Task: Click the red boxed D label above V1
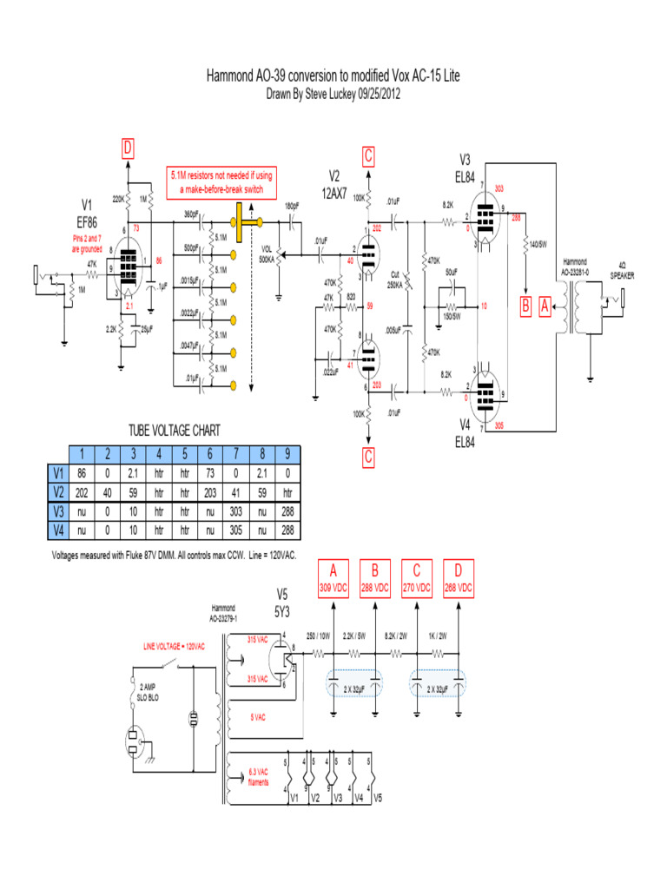click(x=128, y=149)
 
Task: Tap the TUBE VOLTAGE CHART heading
click(x=174, y=430)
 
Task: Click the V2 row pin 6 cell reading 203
click(x=209, y=489)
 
